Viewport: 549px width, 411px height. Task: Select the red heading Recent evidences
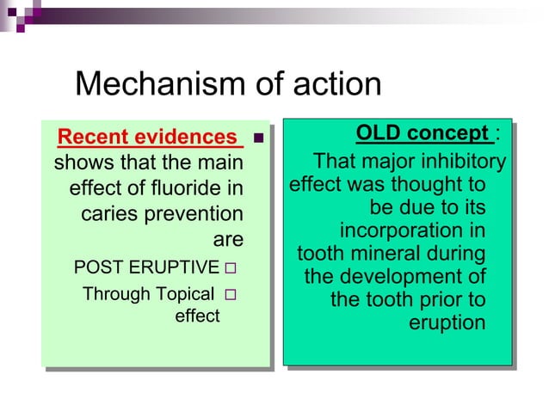[146, 137]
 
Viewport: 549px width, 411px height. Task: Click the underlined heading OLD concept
[423, 133]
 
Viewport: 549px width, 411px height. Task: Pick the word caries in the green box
[107, 212]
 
